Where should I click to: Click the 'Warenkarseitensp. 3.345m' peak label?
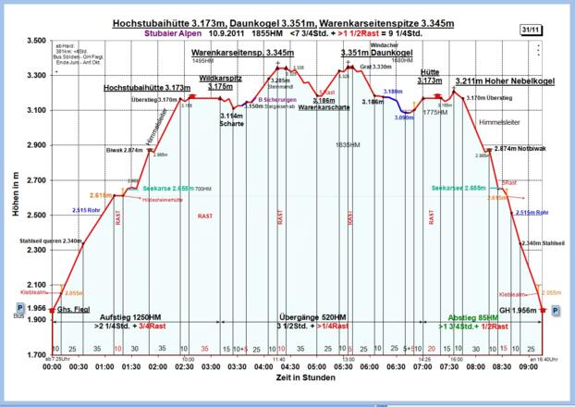tap(242, 54)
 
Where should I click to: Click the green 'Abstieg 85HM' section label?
tap(477, 316)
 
